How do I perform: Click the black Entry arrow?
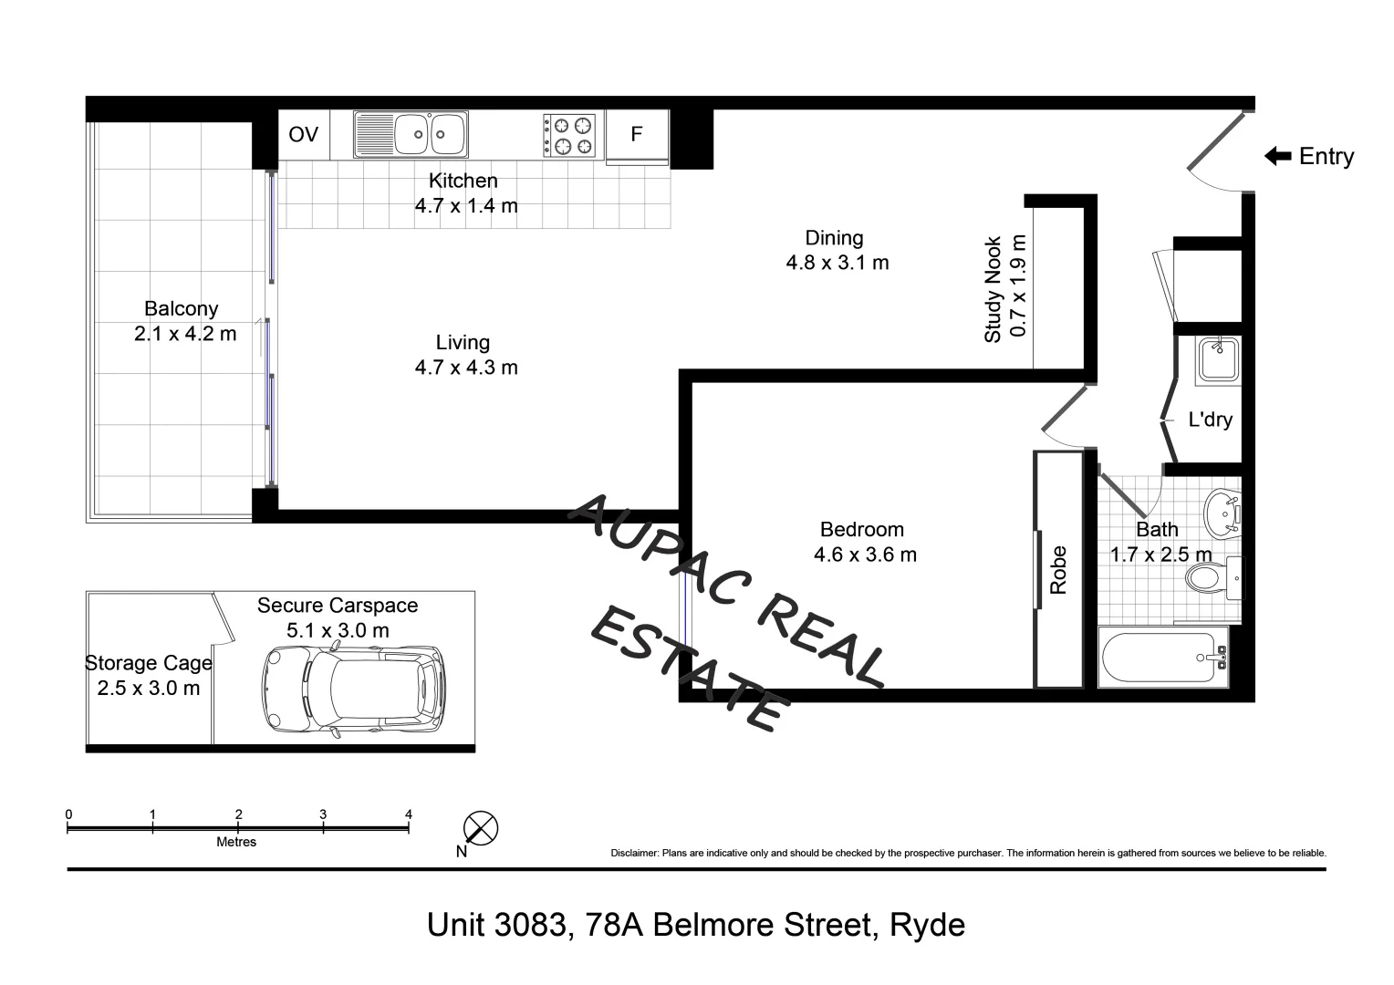pyautogui.click(x=1277, y=157)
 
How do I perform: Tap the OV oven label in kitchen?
pyautogui.click(x=303, y=135)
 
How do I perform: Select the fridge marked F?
pyautogui.click(x=637, y=135)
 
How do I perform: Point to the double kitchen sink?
pyautogui.click(x=411, y=135)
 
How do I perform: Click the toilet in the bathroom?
pyautogui.click(x=1206, y=577)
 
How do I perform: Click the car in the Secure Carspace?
pyautogui.click(x=353, y=690)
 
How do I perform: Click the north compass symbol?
pyautogui.click(x=480, y=829)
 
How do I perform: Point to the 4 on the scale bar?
pyautogui.click(x=409, y=814)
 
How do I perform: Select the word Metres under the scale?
pyautogui.click(x=236, y=843)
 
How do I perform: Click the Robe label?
pyautogui.click(x=1058, y=570)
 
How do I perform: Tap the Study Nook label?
pyautogui.click(x=993, y=290)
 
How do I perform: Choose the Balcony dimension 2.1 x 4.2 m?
pyautogui.click(x=185, y=334)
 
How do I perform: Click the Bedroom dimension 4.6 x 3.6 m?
pyautogui.click(x=865, y=555)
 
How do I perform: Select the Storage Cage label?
pyautogui.click(x=148, y=664)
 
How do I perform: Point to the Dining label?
pyautogui.click(x=834, y=238)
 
